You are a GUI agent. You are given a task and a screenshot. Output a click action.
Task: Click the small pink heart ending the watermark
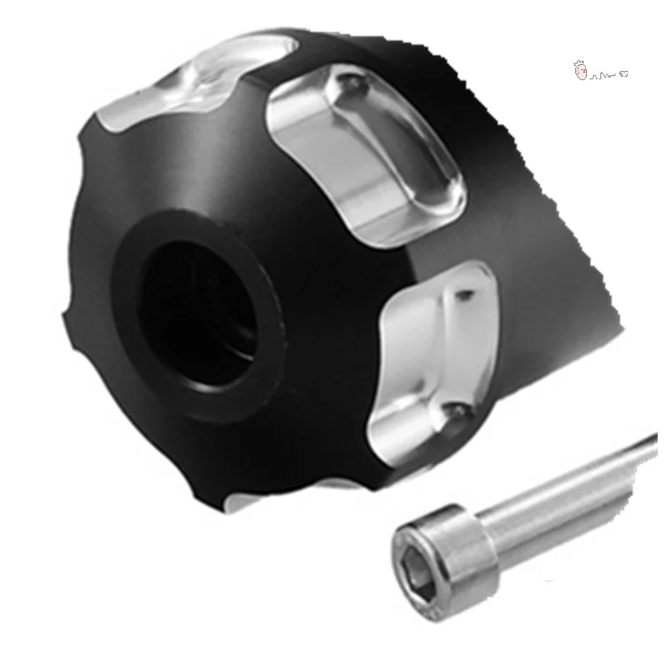624,74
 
